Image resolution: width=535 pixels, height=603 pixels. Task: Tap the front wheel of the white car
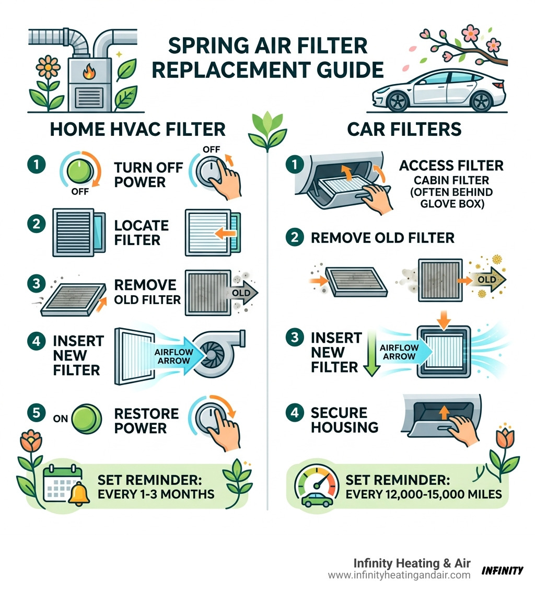(398, 101)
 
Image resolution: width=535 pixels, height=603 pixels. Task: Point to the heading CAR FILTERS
(404, 129)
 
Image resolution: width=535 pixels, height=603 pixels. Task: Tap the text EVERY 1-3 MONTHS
(156, 493)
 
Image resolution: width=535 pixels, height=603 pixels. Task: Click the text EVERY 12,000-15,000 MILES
(423, 494)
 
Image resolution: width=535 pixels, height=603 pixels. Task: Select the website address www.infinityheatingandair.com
(399, 575)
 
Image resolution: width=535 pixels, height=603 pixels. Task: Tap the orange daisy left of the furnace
(44, 68)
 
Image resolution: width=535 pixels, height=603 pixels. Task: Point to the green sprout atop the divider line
(267, 131)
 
